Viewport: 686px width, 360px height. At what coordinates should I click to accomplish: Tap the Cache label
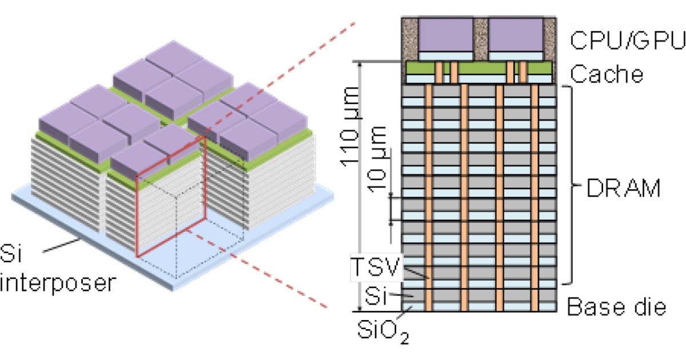[x=607, y=74]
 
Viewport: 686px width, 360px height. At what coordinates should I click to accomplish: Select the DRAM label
[x=624, y=187]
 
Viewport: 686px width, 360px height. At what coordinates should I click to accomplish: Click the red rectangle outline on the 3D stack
[x=137, y=217]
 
